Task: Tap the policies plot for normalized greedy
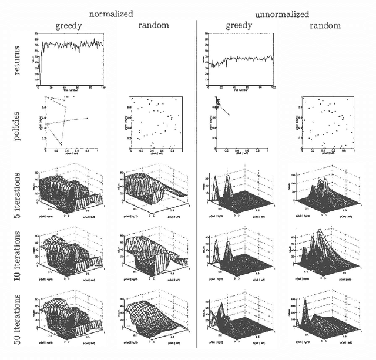pos(70,124)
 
